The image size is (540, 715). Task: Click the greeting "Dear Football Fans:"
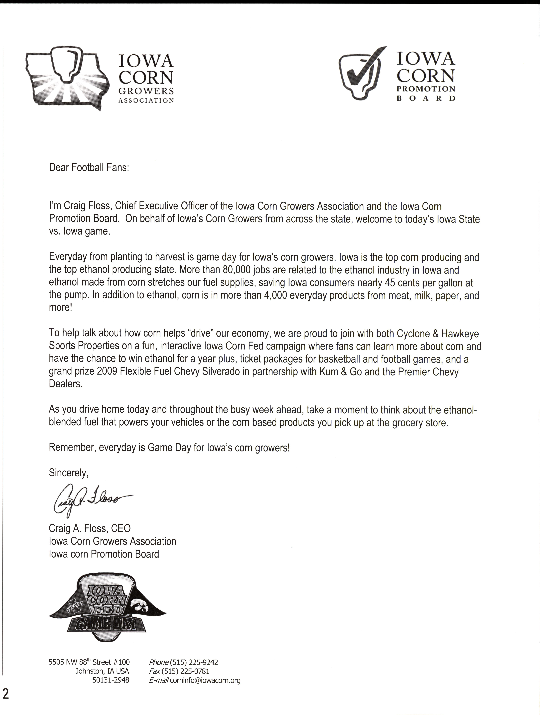pos(89,168)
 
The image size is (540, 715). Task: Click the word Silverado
pos(221,372)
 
